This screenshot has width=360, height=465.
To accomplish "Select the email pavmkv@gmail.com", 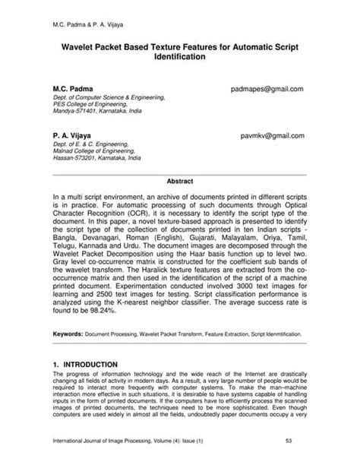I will (273, 136).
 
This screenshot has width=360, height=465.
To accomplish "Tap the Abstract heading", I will (180, 182).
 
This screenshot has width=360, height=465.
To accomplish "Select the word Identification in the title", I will (180, 57).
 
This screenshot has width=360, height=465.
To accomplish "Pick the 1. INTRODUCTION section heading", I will (85, 365).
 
